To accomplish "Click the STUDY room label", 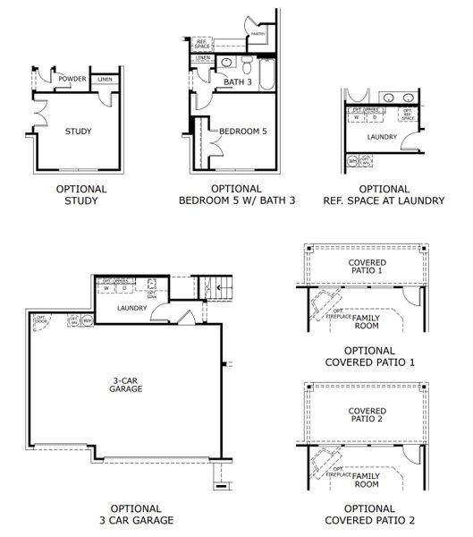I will coord(78,132).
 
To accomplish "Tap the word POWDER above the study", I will coord(72,79).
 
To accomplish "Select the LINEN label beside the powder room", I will coord(106,80).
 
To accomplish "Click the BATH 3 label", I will coord(236,82).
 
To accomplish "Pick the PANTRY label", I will coord(258,36).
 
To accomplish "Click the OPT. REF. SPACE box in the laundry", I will coord(407,115).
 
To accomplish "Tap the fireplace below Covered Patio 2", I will coord(327,459).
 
